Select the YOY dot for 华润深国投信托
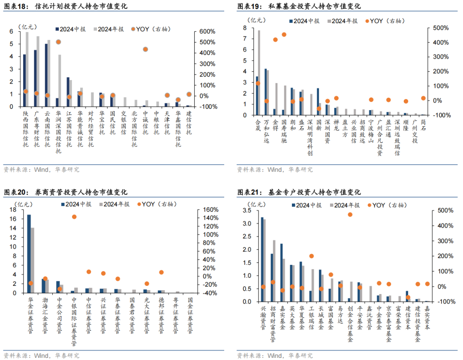(58, 42)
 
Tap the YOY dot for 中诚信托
(145, 49)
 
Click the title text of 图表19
(300, 6)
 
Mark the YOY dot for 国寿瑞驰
(284, 35)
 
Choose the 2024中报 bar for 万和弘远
(266, 92)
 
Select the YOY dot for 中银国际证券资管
(74, 217)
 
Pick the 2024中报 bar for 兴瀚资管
(262, 259)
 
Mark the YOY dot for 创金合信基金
(350, 214)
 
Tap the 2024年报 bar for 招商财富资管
(274, 271)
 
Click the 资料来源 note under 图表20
(41, 355)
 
